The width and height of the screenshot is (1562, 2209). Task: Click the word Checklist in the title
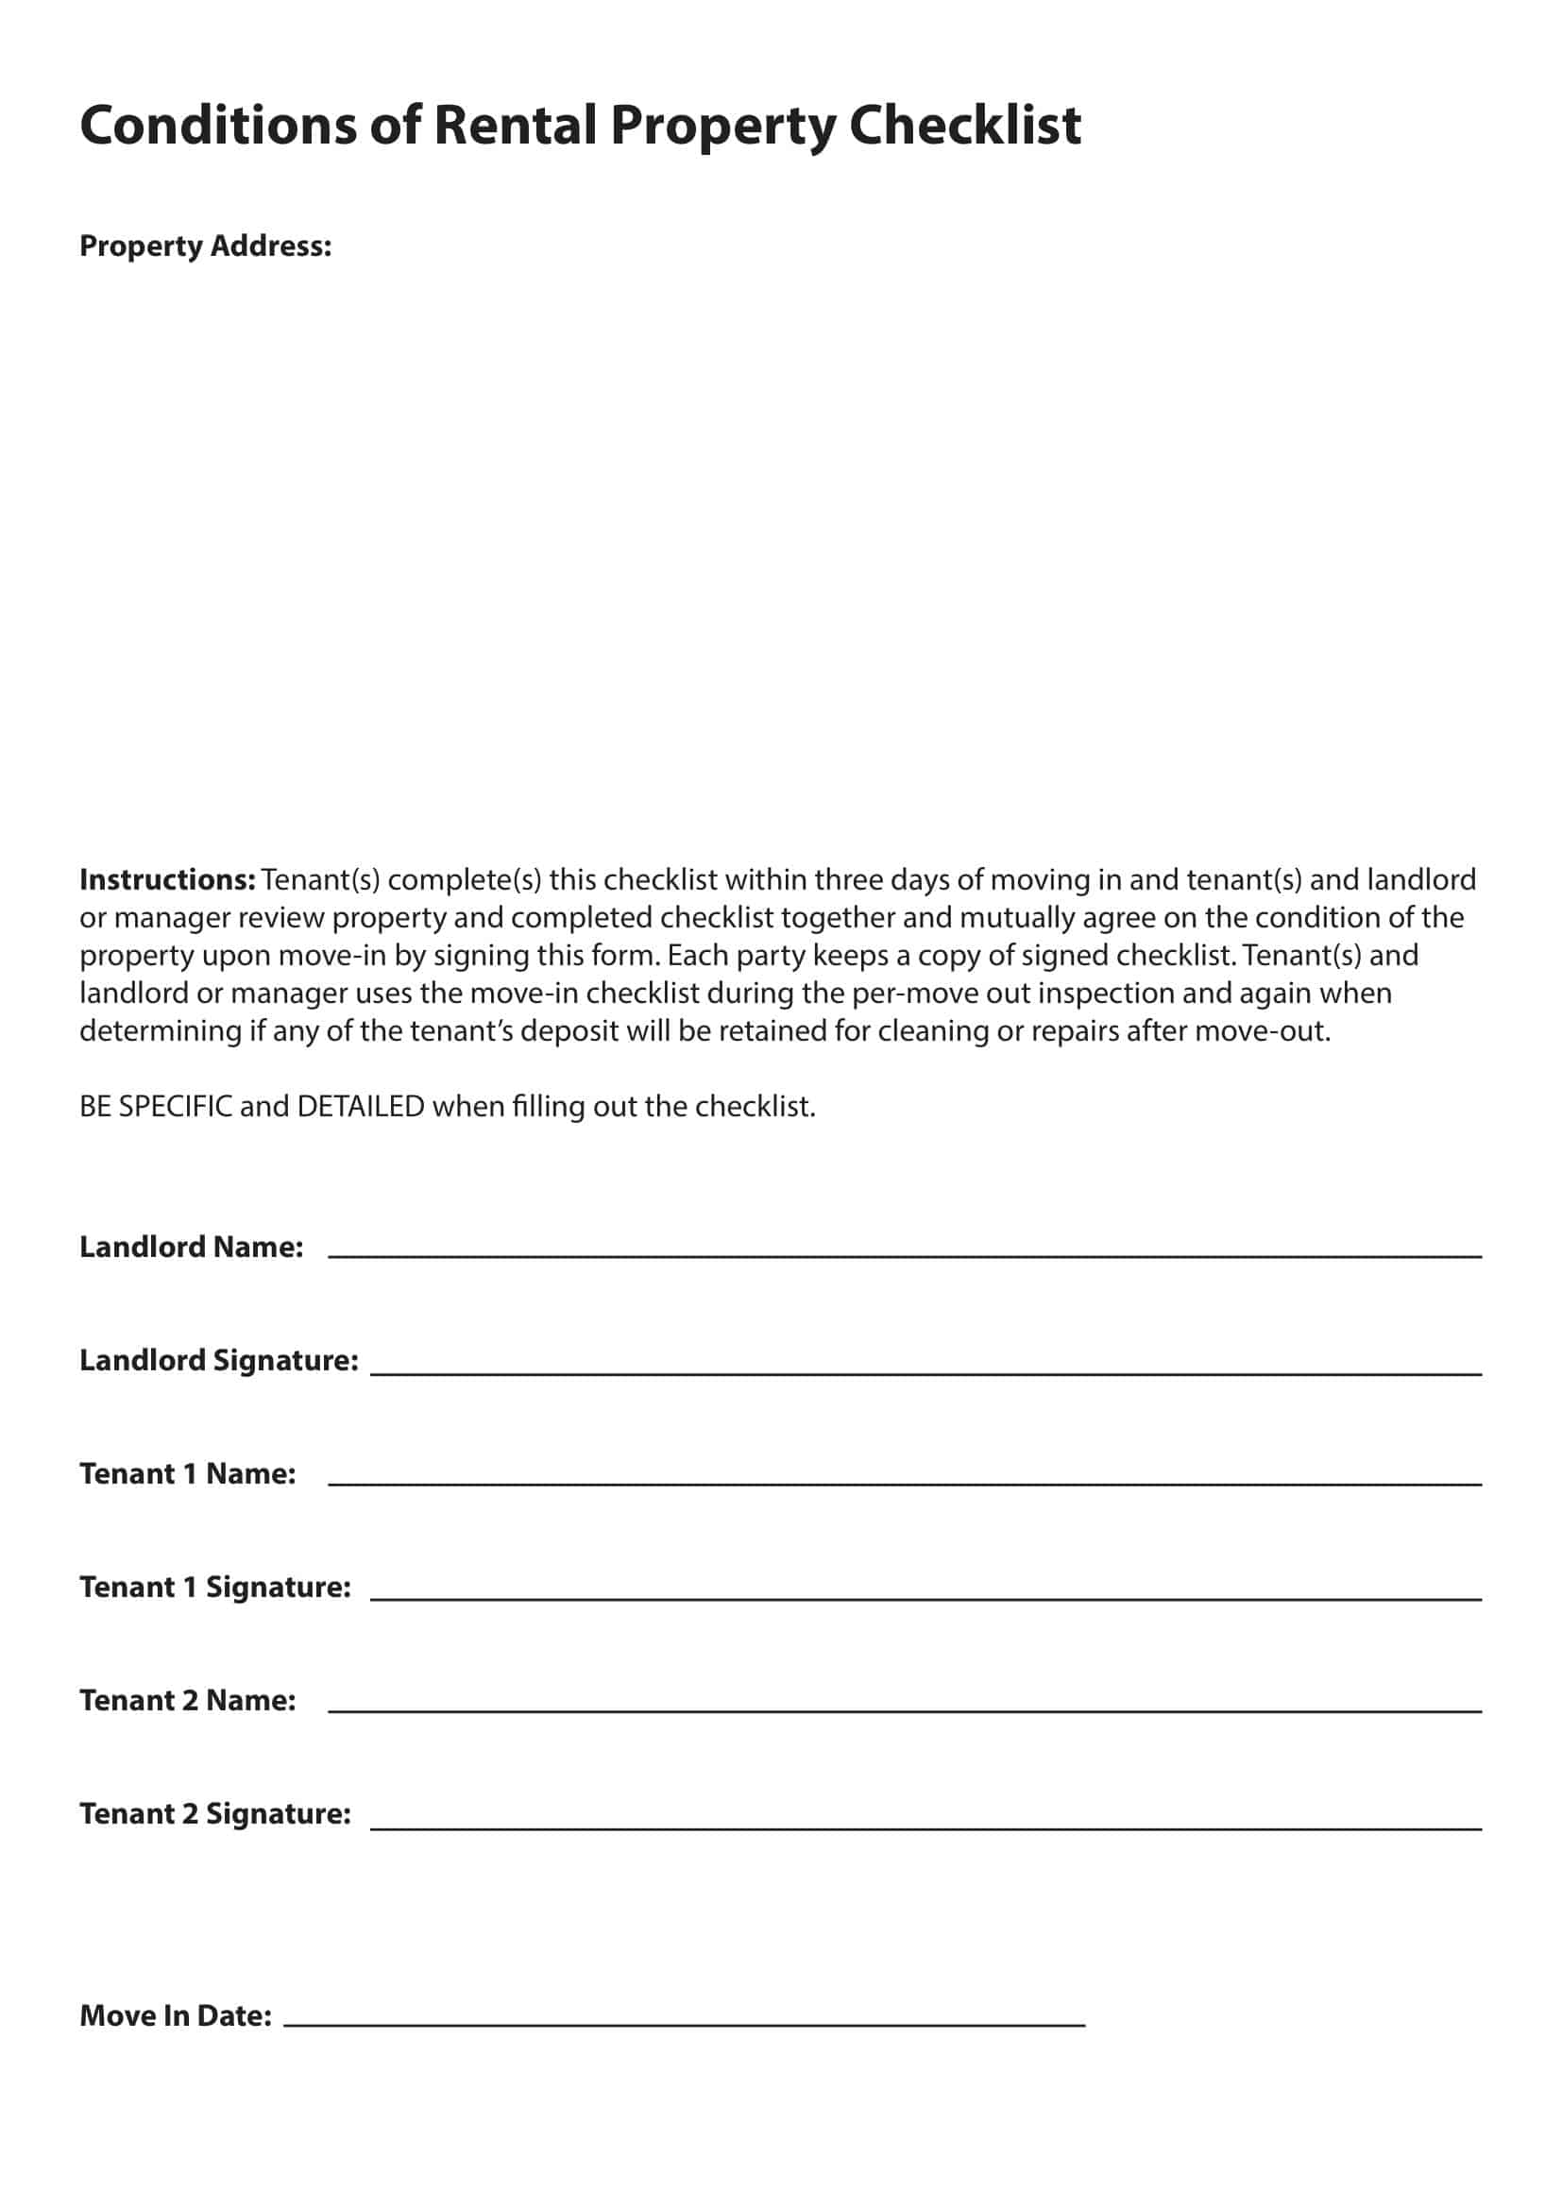point(965,125)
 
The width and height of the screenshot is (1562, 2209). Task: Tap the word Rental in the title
point(515,125)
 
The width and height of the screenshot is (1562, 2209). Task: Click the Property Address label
point(205,246)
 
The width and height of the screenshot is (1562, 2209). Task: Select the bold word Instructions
point(167,879)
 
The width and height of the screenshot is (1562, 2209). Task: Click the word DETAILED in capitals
point(361,1107)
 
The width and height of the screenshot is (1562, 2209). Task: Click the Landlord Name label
point(192,1247)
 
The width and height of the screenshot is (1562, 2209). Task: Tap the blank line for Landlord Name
point(904,1253)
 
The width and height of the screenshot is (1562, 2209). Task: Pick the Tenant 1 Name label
point(188,1474)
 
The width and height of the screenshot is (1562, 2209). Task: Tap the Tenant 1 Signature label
point(214,1588)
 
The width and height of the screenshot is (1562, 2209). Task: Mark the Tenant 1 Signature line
point(925,1598)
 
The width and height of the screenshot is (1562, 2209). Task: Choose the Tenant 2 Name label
point(188,1701)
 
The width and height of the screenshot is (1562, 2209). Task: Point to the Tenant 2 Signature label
point(214,1814)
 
